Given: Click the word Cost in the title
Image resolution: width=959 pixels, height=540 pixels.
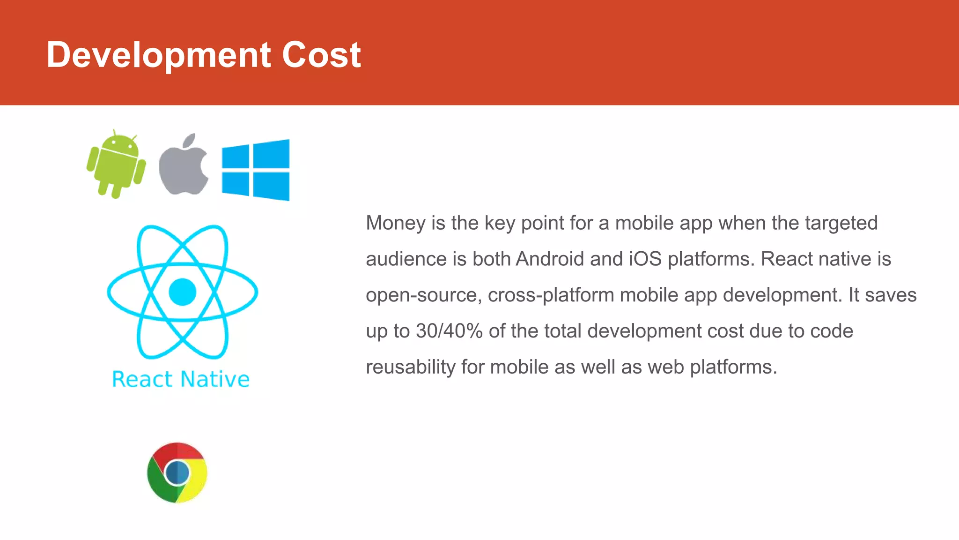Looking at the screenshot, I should (321, 54).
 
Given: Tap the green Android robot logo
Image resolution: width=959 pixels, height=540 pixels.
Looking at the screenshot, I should (116, 164).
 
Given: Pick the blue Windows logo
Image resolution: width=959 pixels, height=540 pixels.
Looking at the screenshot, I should (256, 170).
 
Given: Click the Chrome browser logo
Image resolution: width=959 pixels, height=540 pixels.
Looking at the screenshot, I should (177, 472).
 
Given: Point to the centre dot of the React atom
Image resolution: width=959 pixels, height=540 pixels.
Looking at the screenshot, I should (182, 292).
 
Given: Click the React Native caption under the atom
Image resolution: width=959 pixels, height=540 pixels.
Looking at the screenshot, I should (181, 379).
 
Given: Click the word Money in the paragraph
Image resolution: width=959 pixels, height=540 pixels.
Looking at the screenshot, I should (396, 223).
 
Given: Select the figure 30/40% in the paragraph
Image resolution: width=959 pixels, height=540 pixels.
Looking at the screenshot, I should (449, 331).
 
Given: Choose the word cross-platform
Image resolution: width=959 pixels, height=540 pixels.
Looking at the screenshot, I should (551, 295).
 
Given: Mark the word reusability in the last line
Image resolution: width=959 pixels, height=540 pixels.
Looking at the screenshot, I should (411, 367).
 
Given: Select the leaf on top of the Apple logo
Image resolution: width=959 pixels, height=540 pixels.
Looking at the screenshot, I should (190, 140).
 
